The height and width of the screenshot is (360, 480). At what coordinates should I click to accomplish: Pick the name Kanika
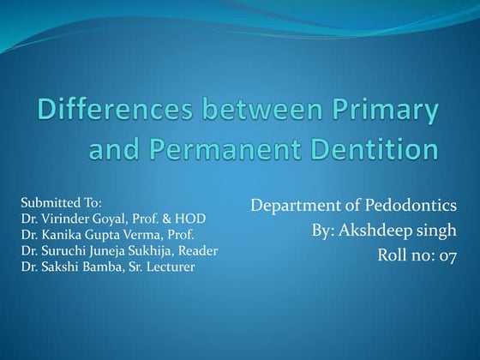(61, 234)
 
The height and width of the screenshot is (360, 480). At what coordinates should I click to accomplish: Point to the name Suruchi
(64, 250)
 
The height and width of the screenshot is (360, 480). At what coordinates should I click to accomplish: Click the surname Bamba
(101, 267)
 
